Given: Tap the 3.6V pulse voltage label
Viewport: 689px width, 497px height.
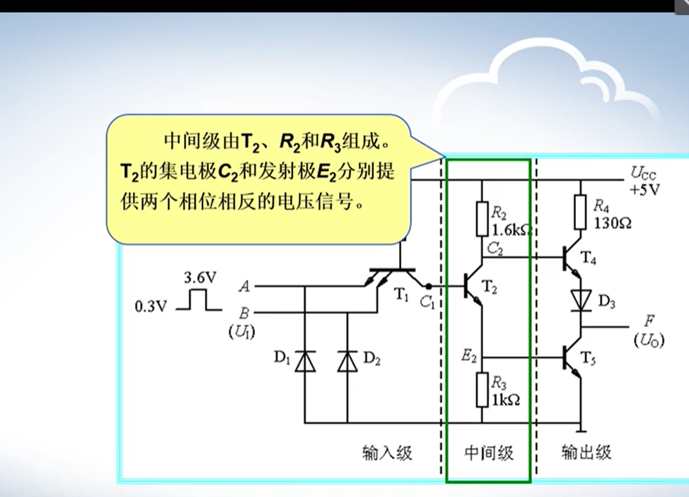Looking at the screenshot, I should click(200, 278).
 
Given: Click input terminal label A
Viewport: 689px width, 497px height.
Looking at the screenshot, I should click(245, 285).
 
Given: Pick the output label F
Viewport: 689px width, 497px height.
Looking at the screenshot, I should click(649, 321).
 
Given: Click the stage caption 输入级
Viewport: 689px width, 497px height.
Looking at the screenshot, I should click(387, 452).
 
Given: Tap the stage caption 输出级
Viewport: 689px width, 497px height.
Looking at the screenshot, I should click(586, 452).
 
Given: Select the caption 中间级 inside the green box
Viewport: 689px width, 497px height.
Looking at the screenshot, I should click(488, 452).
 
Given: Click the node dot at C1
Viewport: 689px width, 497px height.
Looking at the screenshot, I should click(429, 285).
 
